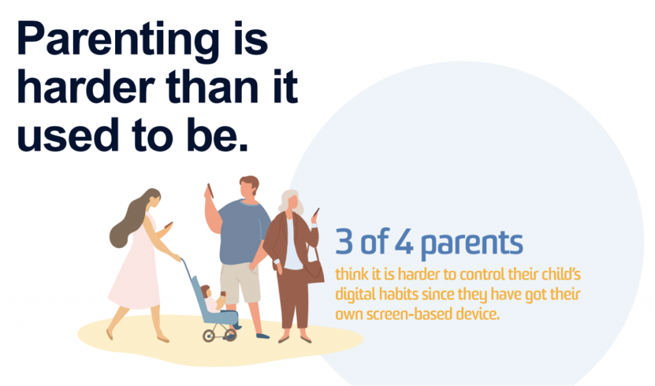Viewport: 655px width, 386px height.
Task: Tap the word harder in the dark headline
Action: pyautogui.click(x=86, y=87)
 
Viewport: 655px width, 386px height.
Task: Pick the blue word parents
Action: pyautogui.click(x=471, y=243)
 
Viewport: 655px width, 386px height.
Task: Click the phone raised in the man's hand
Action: pyautogui.click(x=210, y=190)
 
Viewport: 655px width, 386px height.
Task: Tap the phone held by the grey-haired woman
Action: pyautogui.click(x=316, y=212)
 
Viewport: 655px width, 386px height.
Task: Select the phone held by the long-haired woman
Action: pyautogui.click(x=168, y=225)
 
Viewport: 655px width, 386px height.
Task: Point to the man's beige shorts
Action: pyautogui.click(x=240, y=282)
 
